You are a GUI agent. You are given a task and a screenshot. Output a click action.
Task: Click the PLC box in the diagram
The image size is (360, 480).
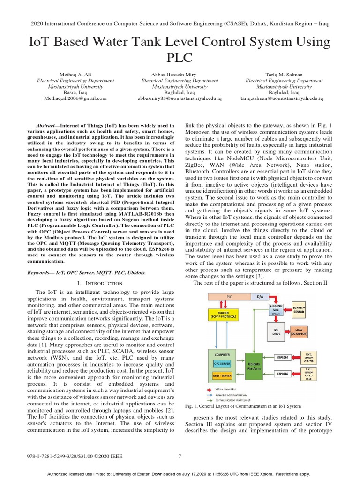pyautogui.click(x=229, y=297)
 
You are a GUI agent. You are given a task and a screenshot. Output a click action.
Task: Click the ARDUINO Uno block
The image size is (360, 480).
pyautogui.click(x=276, y=309)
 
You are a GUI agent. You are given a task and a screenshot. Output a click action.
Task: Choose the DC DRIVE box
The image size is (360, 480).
pyautogui.click(x=276, y=331)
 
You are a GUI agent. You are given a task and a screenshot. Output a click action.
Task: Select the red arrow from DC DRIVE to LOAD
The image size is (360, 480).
pyautogui.click(x=288, y=331)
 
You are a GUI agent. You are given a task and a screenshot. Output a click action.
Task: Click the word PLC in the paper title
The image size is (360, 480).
pyautogui.click(x=180, y=58)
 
